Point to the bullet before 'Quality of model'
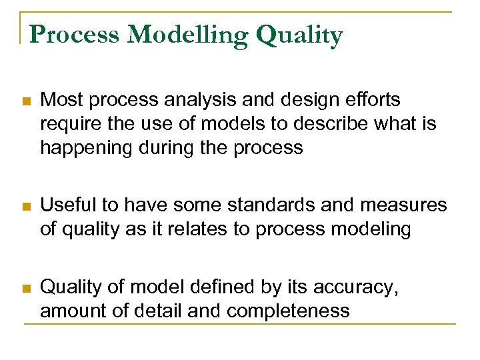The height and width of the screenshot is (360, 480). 25,289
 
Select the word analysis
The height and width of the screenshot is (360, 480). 195,100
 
